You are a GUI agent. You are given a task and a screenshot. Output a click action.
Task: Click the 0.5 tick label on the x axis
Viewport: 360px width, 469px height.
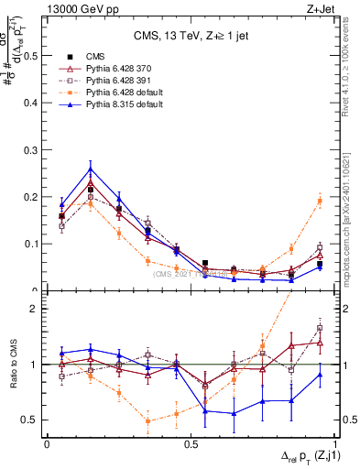tap(190, 442)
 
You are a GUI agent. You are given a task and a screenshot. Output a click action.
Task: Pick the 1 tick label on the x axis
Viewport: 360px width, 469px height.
tap(334, 442)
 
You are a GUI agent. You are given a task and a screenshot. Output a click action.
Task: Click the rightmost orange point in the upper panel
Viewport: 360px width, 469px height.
tap(320, 201)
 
